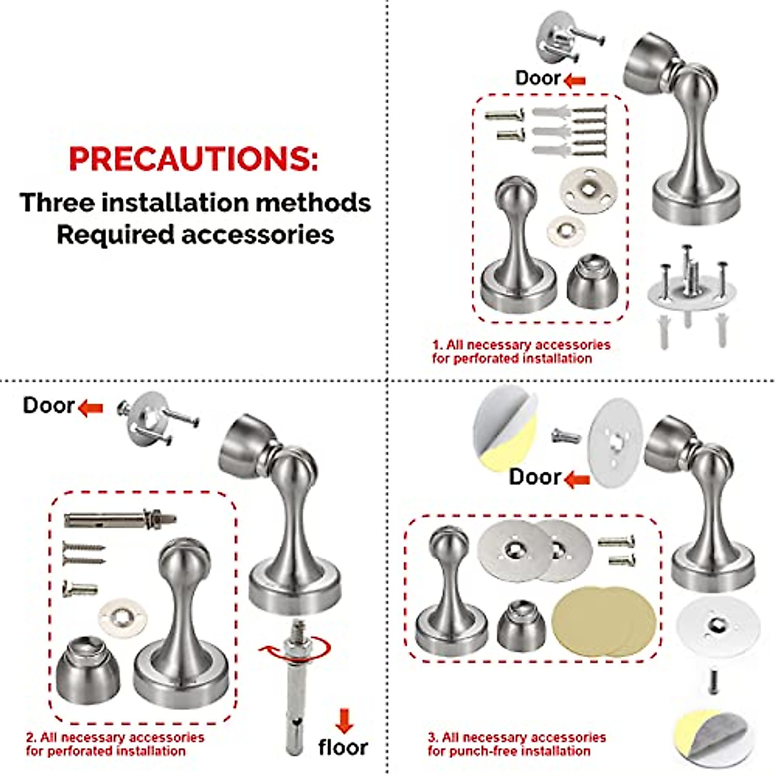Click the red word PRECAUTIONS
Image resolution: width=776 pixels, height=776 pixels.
point(193,158)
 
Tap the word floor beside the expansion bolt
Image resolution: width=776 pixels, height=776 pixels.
point(343,747)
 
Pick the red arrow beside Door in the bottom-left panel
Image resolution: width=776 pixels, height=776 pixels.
point(91,407)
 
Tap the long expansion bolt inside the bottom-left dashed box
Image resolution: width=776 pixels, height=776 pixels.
point(120,519)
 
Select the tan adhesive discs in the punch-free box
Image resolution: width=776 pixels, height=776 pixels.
point(605,621)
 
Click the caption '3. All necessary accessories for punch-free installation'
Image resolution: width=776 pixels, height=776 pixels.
point(516,744)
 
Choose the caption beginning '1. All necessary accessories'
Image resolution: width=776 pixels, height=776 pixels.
point(521,351)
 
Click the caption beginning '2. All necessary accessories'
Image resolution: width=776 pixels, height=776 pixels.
point(114,744)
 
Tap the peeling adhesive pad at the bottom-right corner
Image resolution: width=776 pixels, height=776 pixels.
point(711,736)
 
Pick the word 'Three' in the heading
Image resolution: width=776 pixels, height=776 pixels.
point(57,202)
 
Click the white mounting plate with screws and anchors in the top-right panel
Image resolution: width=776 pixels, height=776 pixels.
point(691,291)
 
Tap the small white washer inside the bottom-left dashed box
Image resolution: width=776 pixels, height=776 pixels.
point(123,618)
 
